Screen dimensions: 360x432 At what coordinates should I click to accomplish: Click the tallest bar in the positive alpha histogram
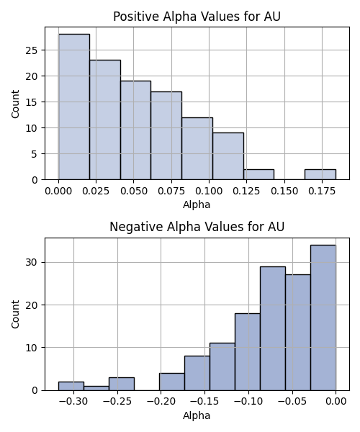[x=74, y=107]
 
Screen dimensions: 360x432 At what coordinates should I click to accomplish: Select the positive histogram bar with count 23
[x=105, y=120]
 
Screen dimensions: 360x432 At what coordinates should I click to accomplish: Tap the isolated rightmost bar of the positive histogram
[x=320, y=174]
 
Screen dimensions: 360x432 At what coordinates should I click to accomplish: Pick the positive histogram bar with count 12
[x=197, y=148]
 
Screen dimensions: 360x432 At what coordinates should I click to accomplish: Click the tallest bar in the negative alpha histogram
[x=323, y=318]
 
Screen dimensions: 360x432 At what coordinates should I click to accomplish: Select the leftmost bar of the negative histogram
[x=71, y=386]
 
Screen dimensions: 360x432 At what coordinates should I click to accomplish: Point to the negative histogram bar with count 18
[x=248, y=352]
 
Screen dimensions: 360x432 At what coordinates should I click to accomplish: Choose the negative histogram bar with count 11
[x=222, y=366]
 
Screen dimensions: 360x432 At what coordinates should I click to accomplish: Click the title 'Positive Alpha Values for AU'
[x=197, y=17]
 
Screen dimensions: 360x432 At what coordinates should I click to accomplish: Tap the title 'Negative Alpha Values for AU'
[x=197, y=227]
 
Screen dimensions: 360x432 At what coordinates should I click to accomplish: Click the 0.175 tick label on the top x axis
[x=322, y=191]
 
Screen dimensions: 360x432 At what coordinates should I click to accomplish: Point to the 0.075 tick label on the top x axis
[x=171, y=191]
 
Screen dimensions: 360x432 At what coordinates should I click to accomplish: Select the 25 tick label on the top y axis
[x=32, y=50]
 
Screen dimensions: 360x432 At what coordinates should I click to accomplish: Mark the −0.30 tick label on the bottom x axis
[x=73, y=402]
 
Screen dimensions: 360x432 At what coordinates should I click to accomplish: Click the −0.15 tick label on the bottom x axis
[x=204, y=402]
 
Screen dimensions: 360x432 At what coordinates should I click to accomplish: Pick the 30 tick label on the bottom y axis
[x=32, y=262]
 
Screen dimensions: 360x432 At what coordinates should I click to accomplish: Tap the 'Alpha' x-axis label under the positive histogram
[x=197, y=204]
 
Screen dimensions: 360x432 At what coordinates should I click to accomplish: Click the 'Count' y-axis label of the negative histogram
[x=15, y=315]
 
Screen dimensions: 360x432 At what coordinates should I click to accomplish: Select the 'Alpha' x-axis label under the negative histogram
[x=197, y=415]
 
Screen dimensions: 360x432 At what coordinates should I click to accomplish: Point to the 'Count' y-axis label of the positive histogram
[x=15, y=104]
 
